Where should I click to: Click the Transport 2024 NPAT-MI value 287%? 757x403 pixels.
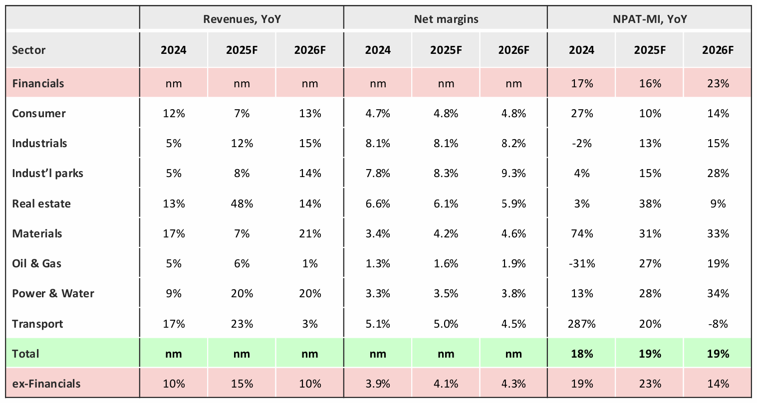(582, 324)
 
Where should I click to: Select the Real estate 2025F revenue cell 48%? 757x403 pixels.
(242, 203)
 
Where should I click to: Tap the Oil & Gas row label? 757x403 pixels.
(36, 263)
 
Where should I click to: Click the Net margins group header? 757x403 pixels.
(446, 19)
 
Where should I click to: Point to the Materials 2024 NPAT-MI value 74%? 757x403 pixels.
(582, 233)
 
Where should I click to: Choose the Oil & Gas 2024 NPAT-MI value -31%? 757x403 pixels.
(582, 263)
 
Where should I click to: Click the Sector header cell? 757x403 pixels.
(28, 50)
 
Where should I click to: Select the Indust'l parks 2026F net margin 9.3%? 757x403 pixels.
(513, 173)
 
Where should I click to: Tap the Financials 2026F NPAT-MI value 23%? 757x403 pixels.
(718, 83)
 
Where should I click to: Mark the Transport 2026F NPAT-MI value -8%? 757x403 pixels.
(718, 324)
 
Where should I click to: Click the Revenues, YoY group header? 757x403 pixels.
(242, 19)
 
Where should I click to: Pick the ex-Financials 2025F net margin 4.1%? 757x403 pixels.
(446, 384)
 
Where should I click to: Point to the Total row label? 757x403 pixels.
(25, 354)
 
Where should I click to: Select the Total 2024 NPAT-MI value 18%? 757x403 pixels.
(582, 354)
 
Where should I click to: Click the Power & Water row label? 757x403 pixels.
(53, 293)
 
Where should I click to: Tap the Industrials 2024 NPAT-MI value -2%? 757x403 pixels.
(582, 143)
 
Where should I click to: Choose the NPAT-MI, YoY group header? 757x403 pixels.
(650, 19)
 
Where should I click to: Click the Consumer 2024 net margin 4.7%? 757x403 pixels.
(378, 113)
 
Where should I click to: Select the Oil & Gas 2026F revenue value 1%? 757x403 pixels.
(309, 263)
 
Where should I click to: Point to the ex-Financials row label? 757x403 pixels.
(46, 384)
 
